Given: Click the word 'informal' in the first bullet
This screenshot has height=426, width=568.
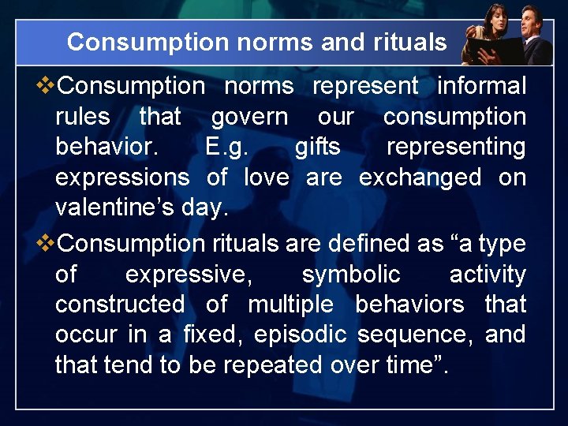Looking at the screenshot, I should pyautogui.click(x=481, y=86).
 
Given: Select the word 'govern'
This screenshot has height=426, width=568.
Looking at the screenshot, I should pyautogui.click(x=249, y=117).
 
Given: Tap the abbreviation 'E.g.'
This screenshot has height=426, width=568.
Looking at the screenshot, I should pyautogui.click(x=226, y=148).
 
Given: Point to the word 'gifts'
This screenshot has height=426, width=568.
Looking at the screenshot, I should pyautogui.click(x=317, y=148).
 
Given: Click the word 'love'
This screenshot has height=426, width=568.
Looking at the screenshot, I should pyautogui.click(x=267, y=177).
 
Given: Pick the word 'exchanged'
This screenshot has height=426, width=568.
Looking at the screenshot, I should pyautogui.click(x=420, y=177).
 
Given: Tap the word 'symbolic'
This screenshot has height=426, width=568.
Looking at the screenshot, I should pyautogui.click(x=351, y=275).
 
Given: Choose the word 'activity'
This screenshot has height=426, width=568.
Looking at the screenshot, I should pyautogui.click(x=487, y=275).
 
